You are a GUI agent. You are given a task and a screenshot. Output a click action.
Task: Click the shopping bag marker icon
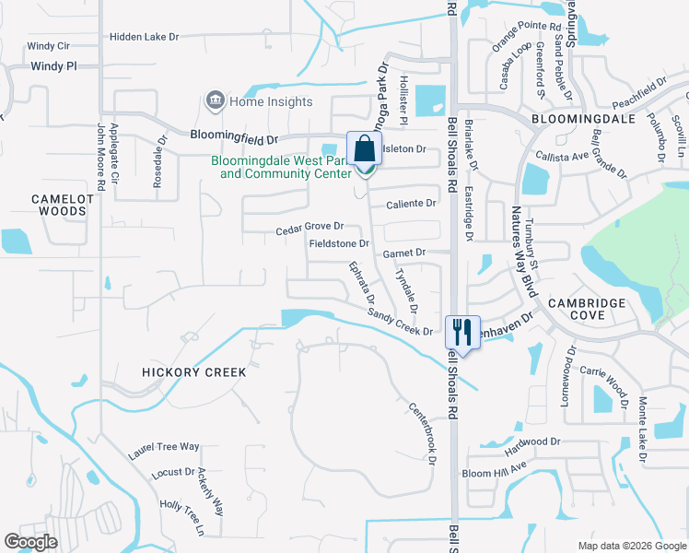(364, 149)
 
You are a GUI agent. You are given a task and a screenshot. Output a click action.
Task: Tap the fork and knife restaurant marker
(462, 332)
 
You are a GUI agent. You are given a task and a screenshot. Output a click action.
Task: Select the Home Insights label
(271, 101)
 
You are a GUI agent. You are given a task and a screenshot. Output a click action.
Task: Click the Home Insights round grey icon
(216, 100)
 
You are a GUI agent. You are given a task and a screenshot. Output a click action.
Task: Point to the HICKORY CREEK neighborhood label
(194, 372)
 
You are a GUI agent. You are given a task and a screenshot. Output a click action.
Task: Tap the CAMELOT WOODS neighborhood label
(59, 205)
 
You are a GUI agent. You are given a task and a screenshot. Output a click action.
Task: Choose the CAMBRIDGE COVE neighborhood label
(589, 309)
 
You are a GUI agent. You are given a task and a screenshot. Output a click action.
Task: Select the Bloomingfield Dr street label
(234, 136)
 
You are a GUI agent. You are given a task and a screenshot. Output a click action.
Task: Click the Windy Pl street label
(53, 66)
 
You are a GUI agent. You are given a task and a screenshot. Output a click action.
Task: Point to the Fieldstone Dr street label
(338, 244)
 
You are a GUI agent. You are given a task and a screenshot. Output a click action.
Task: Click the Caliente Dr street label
(411, 203)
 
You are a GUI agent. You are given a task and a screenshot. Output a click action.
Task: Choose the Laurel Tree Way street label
(164, 447)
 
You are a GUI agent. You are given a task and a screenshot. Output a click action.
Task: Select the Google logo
(31, 542)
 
